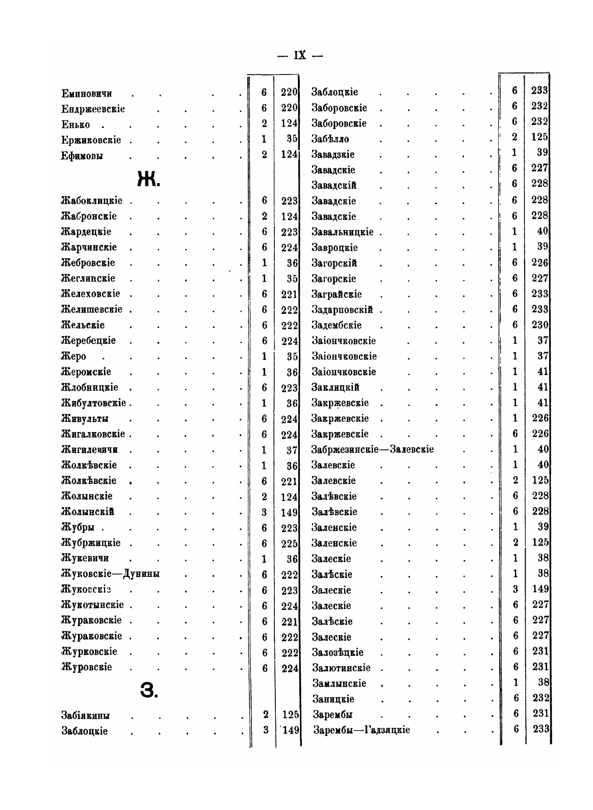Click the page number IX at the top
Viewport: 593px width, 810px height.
click(x=300, y=55)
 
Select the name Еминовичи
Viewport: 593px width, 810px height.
click(x=87, y=94)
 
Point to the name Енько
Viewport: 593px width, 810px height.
click(x=75, y=125)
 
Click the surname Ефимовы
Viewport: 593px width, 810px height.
click(x=82, y=156)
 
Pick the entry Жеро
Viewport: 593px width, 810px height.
click(x=73, y=357)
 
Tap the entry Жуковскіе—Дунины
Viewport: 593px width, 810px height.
click(x=110, y=574)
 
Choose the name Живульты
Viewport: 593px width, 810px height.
click(x=85, y=419)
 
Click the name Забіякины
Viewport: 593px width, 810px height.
click(x=86, y=715)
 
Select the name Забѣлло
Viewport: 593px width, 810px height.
click(x=330, y=139)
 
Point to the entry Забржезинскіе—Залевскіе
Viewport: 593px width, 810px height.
click(x=373, y=450)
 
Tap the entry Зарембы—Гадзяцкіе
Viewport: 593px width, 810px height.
click(x=362, y=730)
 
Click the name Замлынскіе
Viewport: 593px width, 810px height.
click(x=339, y=684)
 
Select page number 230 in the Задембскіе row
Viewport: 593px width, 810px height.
click(x=539, y=325)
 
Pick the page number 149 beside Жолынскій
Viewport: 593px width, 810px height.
click(x=289, y=512)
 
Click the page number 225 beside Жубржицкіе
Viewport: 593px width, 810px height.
click(x=289, y=543)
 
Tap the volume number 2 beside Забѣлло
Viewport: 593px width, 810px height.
click(x=514, y=137)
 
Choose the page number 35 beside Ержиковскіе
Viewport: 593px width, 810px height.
click(x=292, y=139)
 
